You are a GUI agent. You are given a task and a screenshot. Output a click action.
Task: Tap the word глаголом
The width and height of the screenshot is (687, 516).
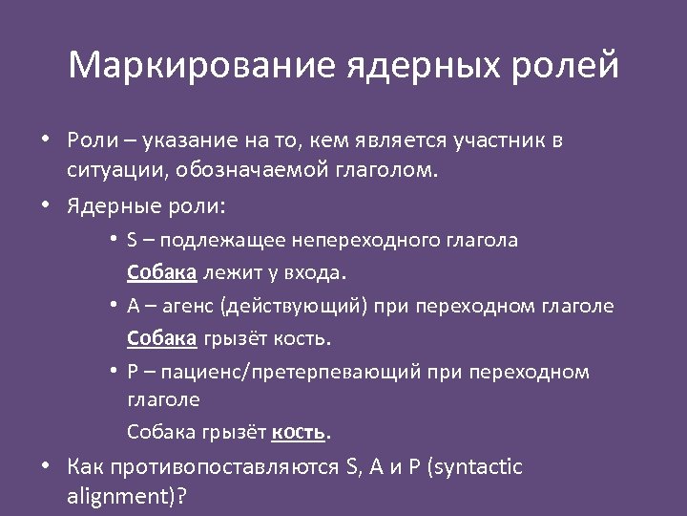tap(379, 172)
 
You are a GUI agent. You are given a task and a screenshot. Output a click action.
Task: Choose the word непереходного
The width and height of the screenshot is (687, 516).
tap(367, 240)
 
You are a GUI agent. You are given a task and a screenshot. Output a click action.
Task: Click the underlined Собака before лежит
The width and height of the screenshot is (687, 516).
tap(162, 271)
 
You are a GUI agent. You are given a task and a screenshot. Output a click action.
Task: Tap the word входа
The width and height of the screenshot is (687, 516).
tap(314, 272)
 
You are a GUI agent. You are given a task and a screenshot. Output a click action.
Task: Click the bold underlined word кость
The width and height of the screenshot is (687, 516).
tap(299, 433)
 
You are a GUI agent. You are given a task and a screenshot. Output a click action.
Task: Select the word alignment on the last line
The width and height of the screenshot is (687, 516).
tap(116, 498)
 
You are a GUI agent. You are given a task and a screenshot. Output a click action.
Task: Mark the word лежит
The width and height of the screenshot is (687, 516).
tap(227, 271)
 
